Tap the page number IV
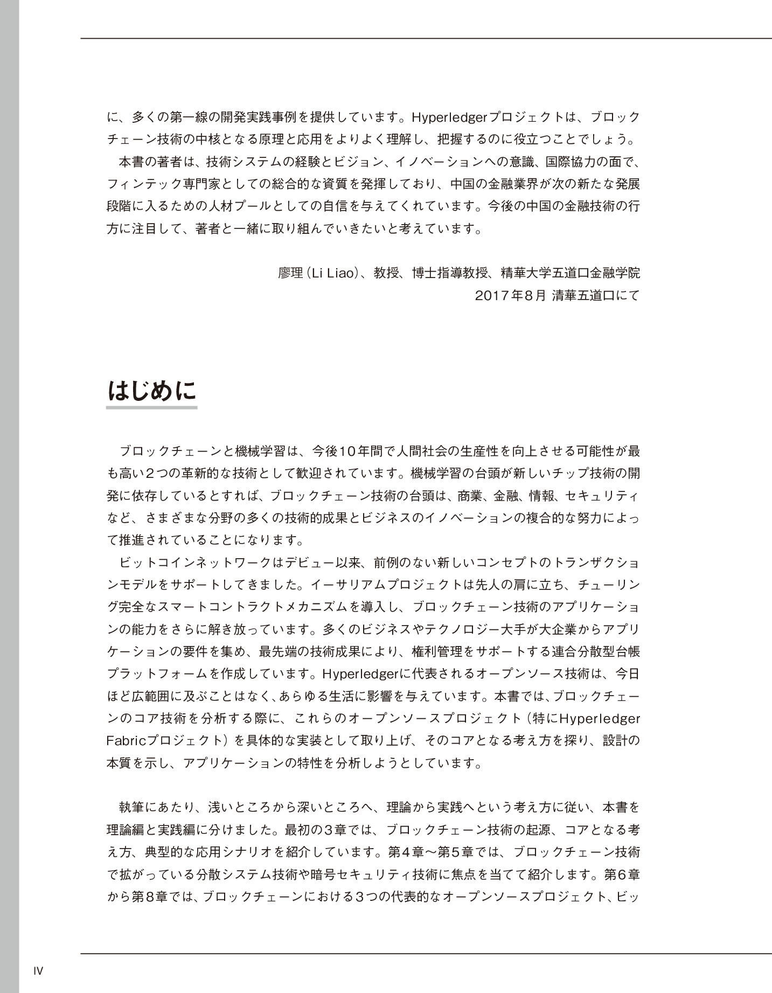point(38,971)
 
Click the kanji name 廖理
point(291,273)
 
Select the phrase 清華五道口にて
point(596,295)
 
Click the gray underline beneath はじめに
point(152,407)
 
